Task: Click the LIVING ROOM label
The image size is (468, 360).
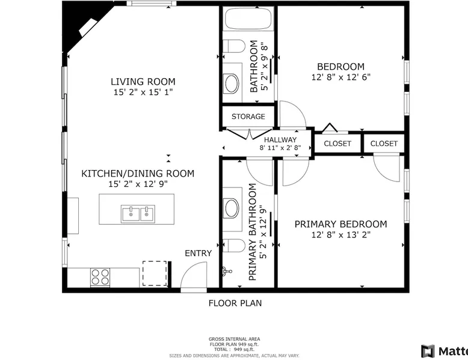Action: coord(143,81)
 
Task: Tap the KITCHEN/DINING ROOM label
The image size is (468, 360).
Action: coord(138,173)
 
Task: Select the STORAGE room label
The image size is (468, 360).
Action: coord(248,117)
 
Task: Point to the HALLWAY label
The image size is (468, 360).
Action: coord(280,139)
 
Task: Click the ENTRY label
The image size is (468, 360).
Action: coord(198,253)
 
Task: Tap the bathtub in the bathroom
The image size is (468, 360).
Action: coord(248,19)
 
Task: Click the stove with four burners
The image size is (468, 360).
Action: coord(100,277)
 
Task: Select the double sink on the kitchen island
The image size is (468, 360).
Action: coord(138,214)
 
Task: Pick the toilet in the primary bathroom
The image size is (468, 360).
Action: coord(234,245)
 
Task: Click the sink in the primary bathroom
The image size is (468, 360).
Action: coord(232,208)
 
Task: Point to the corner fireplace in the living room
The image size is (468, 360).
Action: coord(87,28)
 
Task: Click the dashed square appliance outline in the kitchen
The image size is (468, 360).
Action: coord(155,273)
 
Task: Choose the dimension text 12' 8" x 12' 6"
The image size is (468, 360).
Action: coord(341,77)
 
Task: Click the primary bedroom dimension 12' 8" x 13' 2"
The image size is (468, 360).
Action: coord(341,235)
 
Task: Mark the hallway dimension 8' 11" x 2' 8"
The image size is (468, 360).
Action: coord(280,147)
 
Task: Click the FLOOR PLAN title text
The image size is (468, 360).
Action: coord(235,304)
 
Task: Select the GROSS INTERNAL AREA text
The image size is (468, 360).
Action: coord(234,339)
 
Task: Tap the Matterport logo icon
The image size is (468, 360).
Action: coord(428,351)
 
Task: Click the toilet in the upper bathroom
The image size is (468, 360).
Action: coord(234,46)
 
